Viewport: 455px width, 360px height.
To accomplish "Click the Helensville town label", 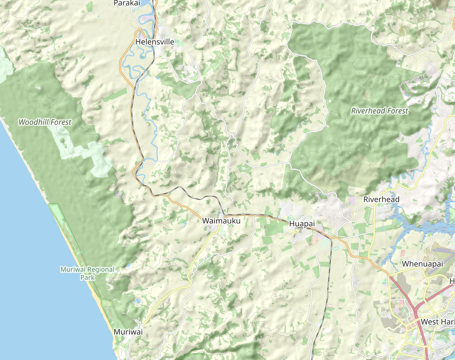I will (155, 42).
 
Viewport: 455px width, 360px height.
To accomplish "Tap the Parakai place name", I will (127, 3).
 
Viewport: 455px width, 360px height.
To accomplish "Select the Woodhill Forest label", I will (45, 122).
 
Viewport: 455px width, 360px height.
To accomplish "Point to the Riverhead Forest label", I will (380, 111).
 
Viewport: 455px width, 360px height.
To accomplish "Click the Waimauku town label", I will (221, 221).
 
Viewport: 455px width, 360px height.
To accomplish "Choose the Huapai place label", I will (302, 224).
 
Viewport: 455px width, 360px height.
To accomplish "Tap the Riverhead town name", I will (381, 199).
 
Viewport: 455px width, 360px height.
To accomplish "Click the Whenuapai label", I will (422, 264).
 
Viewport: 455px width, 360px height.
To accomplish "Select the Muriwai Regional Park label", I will (88, 273).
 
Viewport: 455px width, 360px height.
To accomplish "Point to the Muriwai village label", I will (128, 332).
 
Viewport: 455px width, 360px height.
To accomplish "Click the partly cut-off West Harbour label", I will (437, 322).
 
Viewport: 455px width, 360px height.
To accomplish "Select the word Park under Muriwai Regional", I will (88, 278).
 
